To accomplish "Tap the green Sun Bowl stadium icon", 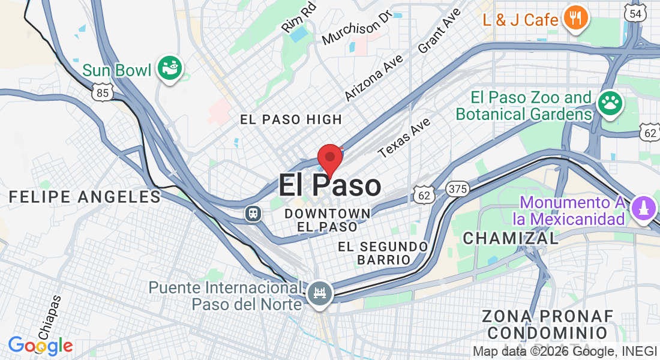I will coord(169,69).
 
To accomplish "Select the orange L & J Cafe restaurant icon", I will coord(575,19).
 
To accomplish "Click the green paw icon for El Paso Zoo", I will coord(610,104).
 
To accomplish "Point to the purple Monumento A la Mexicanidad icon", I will coord(644,209).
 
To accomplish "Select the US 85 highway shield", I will coord(103,92).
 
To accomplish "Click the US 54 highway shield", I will coord(635,13).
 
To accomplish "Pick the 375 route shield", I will coord(457,190).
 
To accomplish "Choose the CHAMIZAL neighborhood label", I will coord(511,238).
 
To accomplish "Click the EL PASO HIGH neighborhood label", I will coord(291,119).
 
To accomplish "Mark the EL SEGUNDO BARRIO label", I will coord(383,253).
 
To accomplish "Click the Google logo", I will coord(40,346).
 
